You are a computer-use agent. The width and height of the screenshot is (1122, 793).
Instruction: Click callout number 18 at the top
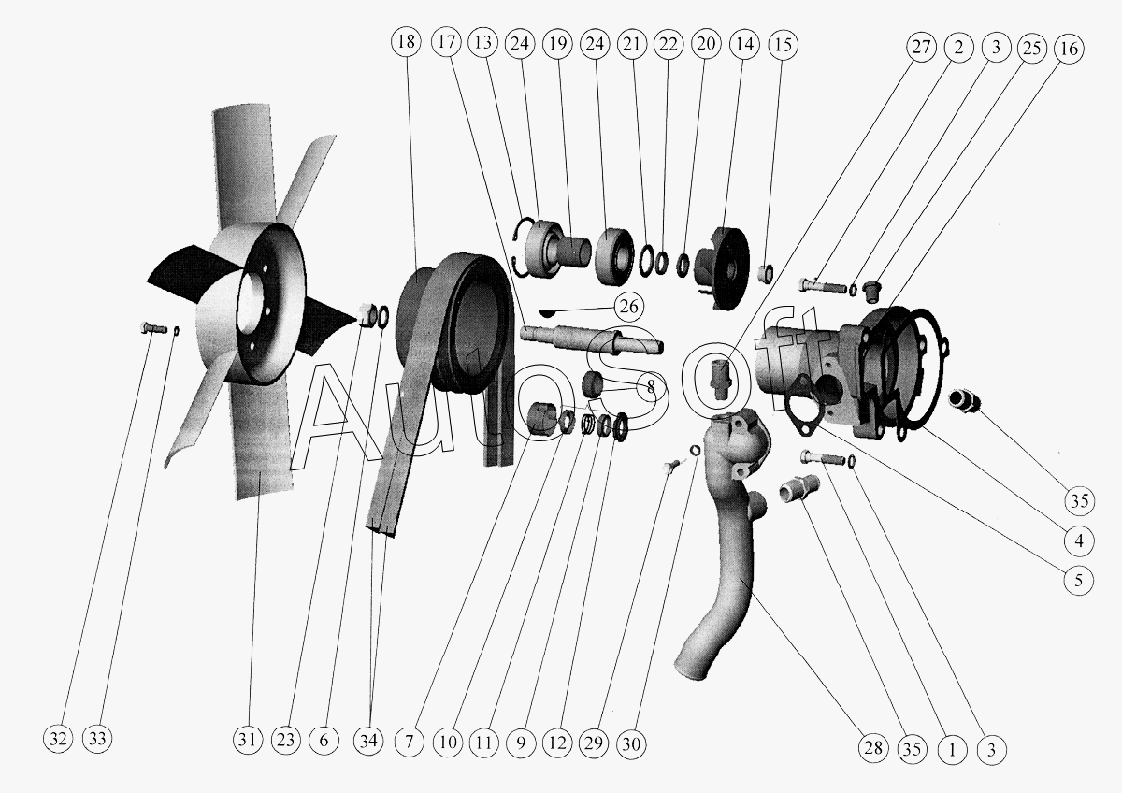pyautogui.click(x=406, y=41)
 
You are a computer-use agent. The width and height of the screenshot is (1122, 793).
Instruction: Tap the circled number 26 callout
pyautogui.click(x=628, y=306)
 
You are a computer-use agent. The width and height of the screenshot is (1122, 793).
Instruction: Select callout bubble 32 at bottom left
pyautogui.click(x=58, y=739)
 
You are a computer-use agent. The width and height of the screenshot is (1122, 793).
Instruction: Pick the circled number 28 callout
pyautogui.click(x=872, y=748)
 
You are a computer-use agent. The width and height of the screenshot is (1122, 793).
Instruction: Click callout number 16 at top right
pyautogui.click(x=1069, y=49)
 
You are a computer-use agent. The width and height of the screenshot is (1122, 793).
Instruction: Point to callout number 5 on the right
pyautogui.click(x=1078, y=580)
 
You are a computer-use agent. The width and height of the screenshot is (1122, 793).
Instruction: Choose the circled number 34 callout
pyautogui.click(x=368, y=741)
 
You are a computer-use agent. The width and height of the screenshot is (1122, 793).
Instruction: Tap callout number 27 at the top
pyautogui.click(x=921, y=47)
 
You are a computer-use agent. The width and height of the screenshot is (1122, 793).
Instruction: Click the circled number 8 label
pyautogui.click(x=651, y=386)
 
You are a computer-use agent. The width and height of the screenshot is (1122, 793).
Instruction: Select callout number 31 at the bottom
pyautogui.click(x=247, y=740)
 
